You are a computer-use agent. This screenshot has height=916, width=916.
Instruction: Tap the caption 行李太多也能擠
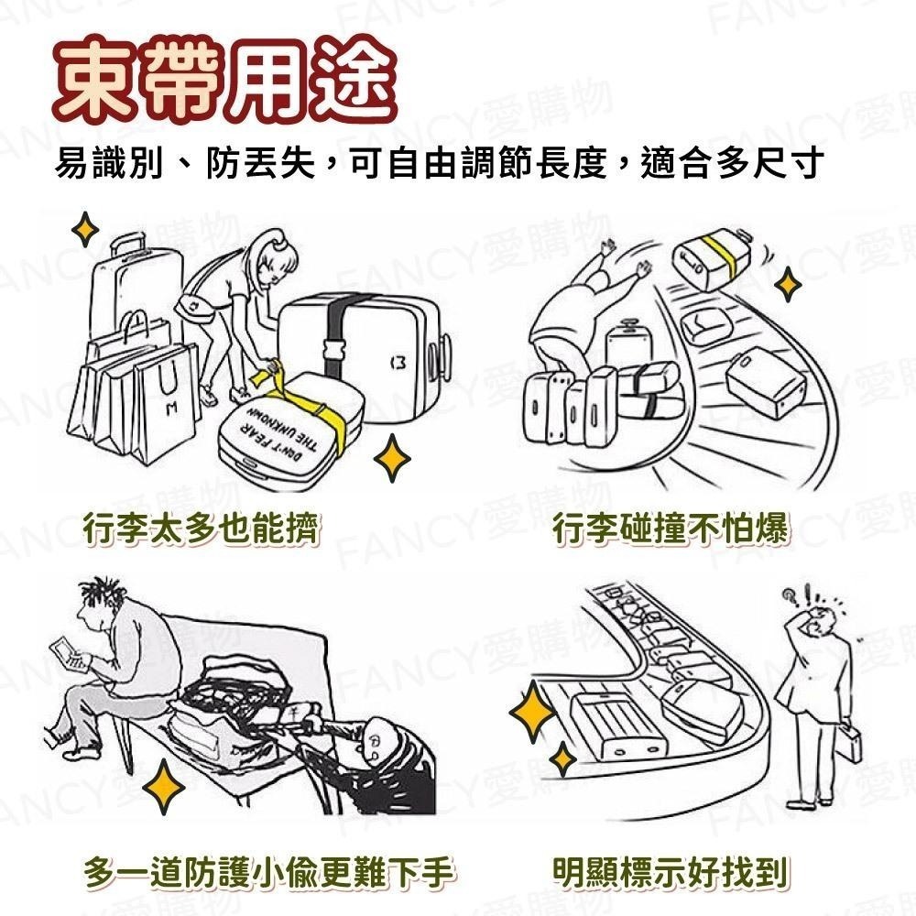tap(202, 529)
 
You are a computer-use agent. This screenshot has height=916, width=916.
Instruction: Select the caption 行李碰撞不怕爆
tap(671, 529)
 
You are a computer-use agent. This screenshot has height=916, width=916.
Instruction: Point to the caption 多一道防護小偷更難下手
tap(269, 871)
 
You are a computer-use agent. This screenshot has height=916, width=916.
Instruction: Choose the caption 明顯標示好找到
tap(671, 871)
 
